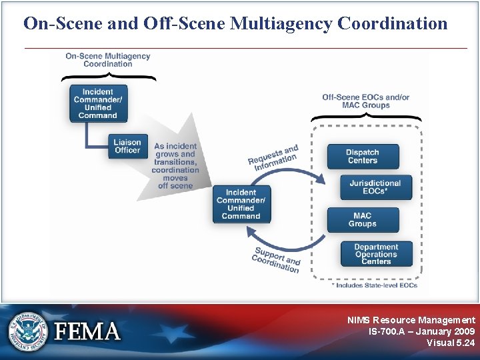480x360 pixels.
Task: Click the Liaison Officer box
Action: click(x=127, y=146)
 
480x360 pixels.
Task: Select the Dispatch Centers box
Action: click(x=362, y=156)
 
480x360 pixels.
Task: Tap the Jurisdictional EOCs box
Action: click(x=375, y=187)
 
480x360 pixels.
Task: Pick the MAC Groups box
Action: click(x=362, y=220)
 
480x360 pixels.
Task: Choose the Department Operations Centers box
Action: click(x=376, y=254)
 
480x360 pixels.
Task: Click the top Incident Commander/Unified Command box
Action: click(x=97, y=103)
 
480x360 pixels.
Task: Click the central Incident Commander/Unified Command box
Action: click(x=241, y=204)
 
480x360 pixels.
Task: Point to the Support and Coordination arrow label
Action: click(x=276, y=260)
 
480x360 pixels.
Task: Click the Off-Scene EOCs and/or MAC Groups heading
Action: click(x=365, y=101)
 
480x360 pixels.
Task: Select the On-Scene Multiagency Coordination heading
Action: click(x=108, y=60)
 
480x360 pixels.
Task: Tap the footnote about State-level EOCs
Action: click(x=374, y=285)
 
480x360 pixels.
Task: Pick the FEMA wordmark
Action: click(x=87, y=331)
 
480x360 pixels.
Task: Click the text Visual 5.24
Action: click(x=451, y=343)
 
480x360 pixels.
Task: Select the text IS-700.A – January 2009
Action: click(x=421, y=331)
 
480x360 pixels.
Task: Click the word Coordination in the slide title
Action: click(x=393, y=23)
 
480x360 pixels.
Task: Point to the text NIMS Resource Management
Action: click(x=411, y=320)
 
